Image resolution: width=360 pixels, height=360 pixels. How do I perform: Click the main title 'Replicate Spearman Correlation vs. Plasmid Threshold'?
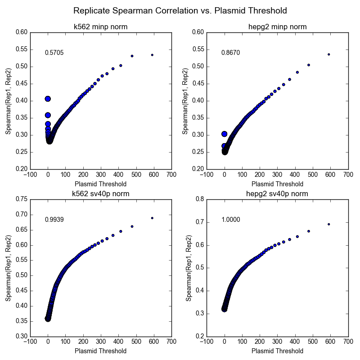pos(180,10)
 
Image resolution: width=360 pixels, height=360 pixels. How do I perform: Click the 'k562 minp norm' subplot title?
pos(100,27)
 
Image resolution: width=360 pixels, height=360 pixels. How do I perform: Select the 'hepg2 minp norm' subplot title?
pos(277,27)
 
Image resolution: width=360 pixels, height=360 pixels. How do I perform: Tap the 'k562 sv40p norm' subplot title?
pos(100,194)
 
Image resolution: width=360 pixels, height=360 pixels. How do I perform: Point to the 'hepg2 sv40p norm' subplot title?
pos(277,194)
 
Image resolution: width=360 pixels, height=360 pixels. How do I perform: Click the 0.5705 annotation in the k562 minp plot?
pos(54,53)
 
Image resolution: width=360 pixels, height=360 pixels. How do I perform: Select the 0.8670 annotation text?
pos(230,53)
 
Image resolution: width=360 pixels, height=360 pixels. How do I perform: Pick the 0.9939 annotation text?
pos(54,220)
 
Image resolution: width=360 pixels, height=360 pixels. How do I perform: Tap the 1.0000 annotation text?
pos(230,220)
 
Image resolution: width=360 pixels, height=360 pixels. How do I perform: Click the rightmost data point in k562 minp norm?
pos(152,55)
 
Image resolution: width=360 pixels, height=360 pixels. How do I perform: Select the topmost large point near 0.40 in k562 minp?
pos(48,99)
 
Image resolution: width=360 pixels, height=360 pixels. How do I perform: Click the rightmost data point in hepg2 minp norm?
pos(329,54)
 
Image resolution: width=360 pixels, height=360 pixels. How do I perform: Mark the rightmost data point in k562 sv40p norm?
pos(152,218)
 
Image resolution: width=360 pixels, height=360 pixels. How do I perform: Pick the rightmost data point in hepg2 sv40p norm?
pos(329,224)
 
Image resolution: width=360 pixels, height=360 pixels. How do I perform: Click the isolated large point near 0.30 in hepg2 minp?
pos(225,134)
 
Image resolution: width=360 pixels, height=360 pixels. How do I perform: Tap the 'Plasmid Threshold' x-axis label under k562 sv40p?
pos(100,351)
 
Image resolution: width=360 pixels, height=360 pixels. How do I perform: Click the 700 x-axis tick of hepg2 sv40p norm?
pos(348,342)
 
